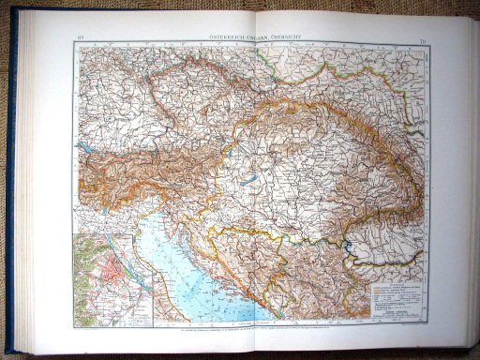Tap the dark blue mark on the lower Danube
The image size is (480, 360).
pos(352,248)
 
